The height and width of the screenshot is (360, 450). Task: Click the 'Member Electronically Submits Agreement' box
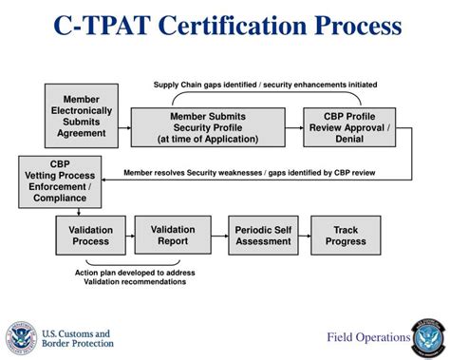[81, 115]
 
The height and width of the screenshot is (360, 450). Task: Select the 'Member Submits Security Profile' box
[207, 128]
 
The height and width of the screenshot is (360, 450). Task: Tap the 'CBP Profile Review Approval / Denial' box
[341, 128]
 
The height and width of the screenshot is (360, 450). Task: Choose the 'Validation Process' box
[90, 236]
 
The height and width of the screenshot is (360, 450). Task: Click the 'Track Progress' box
[347, 236]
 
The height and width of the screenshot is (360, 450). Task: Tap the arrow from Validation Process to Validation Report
[130, 236]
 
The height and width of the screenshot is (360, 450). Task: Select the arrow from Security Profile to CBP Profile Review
[291, 128]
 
